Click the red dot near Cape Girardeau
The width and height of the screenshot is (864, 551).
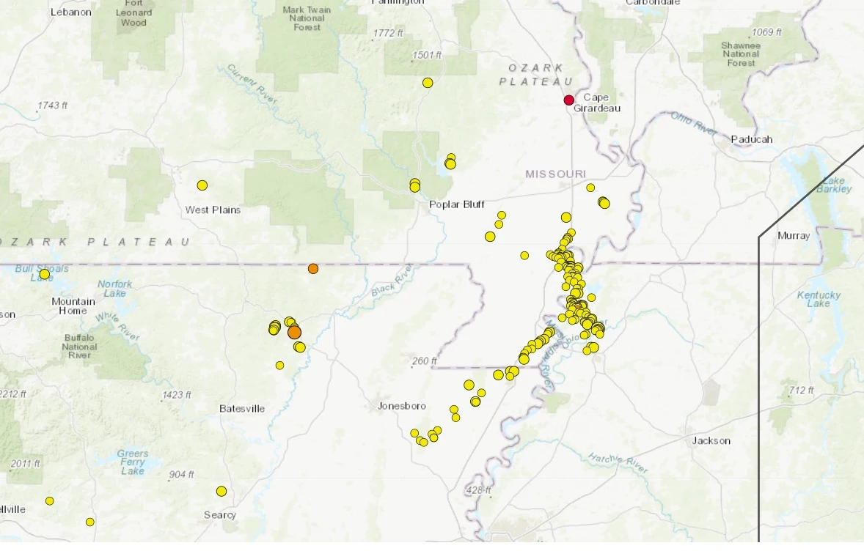(568, 100)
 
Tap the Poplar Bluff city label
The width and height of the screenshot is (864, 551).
(457, 204)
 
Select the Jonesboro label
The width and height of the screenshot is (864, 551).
(401, 405)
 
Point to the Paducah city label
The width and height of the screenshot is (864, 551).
(751, 139)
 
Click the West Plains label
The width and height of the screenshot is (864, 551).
(213, 210)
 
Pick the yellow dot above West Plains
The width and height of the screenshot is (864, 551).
(202, 185)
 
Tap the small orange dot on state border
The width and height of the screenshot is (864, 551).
(313, 269)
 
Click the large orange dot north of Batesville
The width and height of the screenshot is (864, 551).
(294, 332)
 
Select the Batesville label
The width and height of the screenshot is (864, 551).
(242, 408)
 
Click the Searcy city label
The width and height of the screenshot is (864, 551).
(220, 515)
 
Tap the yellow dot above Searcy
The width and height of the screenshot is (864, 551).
(222, 491)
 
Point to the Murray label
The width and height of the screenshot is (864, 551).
(794, 236)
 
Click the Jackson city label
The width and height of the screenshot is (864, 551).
(711, 440)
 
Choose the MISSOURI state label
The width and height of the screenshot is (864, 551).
(555, 174)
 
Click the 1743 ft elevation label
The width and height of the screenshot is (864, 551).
(52, 106)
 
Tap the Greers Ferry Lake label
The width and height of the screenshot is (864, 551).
(132, 462)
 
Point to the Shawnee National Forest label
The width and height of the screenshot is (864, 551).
(740, 53)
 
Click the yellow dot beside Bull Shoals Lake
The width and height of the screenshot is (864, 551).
(45, 274)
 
